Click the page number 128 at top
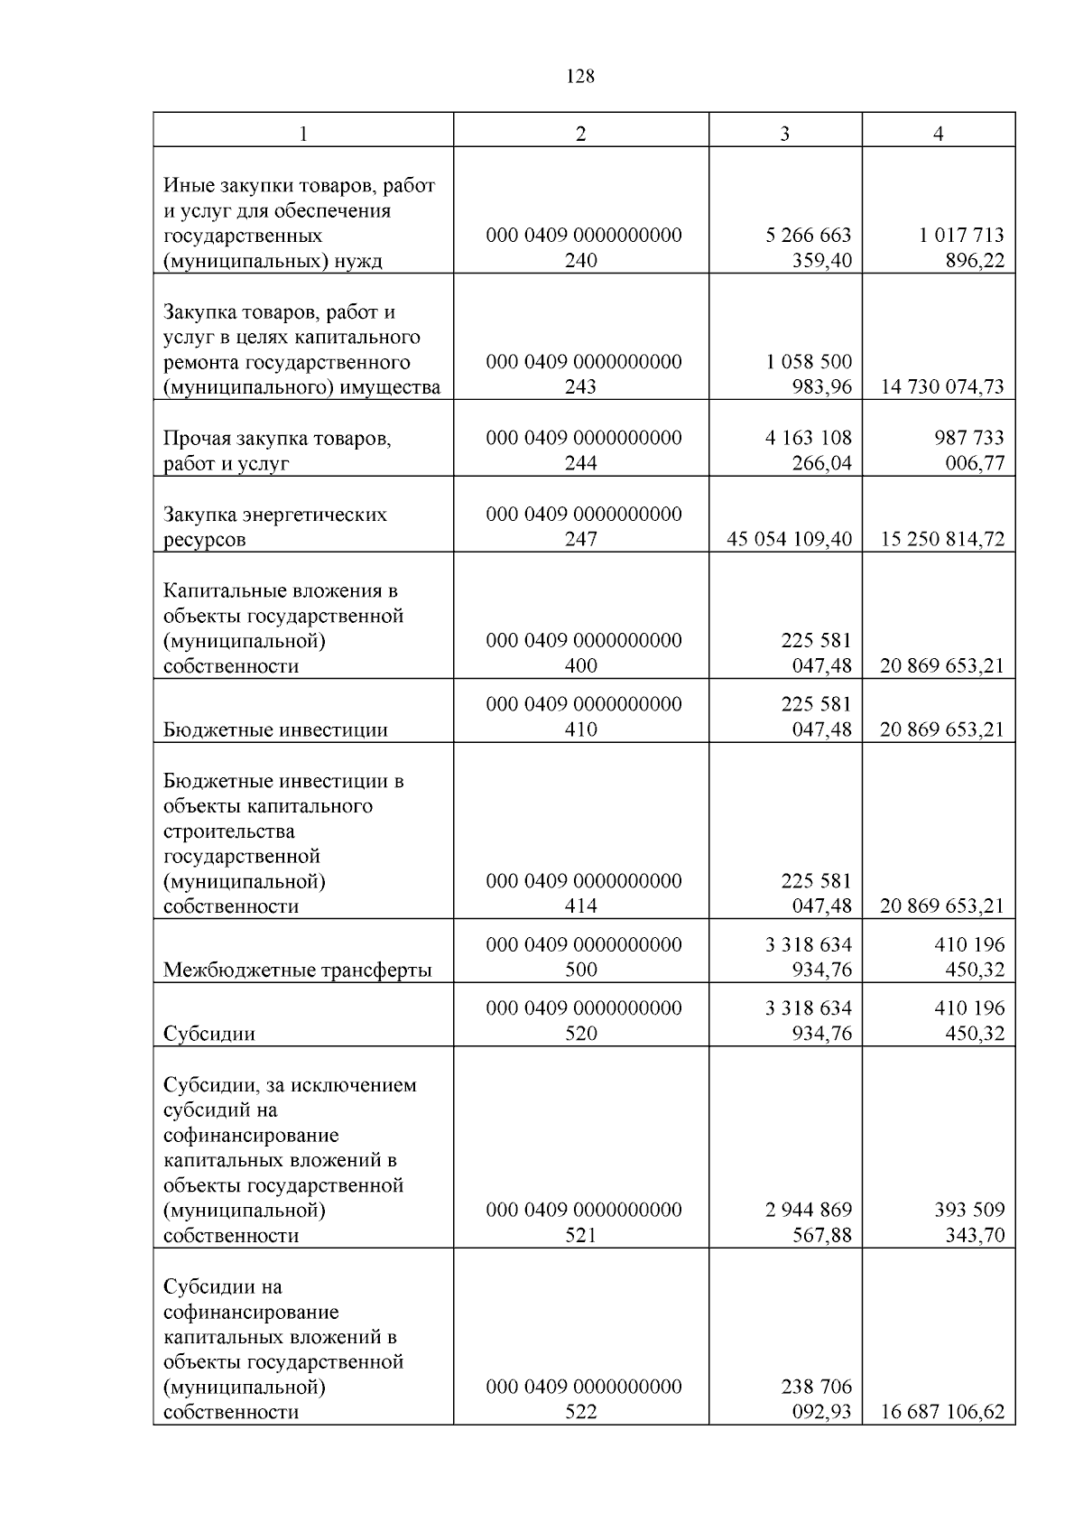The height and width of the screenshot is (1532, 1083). pyautogui.click(x=580, y=77)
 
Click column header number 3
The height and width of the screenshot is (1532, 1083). pyautogui.click(x=784, y=134)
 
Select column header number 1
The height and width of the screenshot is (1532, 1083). pyautogui.click(x=303, y=134)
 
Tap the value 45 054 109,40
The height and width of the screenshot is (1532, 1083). pyautogui.click(x=789, y=539)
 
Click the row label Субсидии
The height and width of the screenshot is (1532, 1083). pyautogui.click(x=209, y=1034)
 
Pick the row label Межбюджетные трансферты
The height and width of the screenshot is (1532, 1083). pyautogui.click(x=298, y=970)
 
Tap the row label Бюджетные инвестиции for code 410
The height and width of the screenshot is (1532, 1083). pyautogui.click(x=275, y=729)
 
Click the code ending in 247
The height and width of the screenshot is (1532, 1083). pyautogui.click(x=583, y=526)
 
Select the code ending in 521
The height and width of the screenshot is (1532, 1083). pyautogui.click(x=583, y=1221)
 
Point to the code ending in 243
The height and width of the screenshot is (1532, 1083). pyautogui.click(x=583, y=374)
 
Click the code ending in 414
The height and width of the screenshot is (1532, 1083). pyautogui.click(x=583, y=893)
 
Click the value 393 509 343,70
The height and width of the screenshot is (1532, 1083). pyautogui.click(x=968, y=1221)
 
